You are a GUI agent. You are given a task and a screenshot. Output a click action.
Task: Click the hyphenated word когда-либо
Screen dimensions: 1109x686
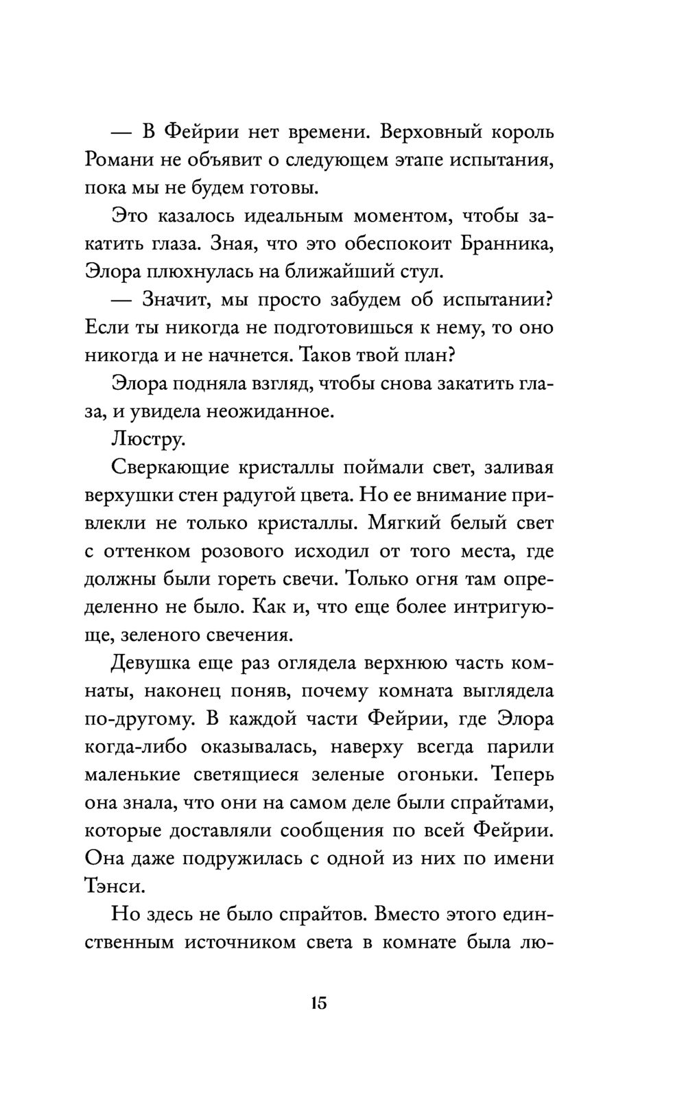(137, 747)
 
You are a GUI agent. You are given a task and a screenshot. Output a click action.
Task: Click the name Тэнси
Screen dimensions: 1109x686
(115, 887)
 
